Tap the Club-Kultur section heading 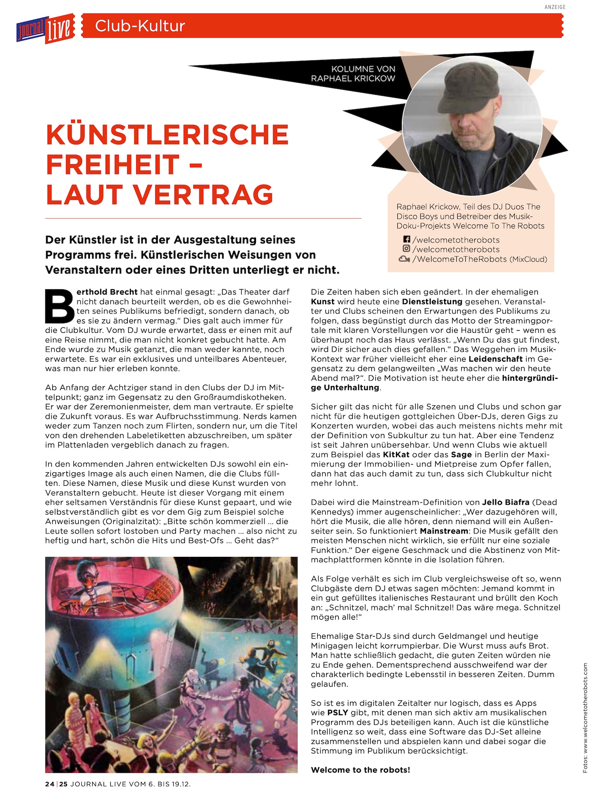coord(140,26)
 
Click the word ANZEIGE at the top coord(554,7)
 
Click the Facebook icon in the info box coord(406,240)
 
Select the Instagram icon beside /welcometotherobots coord(406,249)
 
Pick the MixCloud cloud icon coord(404,259)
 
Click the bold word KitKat coord(396,455)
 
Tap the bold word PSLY coord(337,713)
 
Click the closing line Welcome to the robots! coord(360,770)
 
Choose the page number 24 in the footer coord(49,784)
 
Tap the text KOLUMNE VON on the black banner coord(363,69)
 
